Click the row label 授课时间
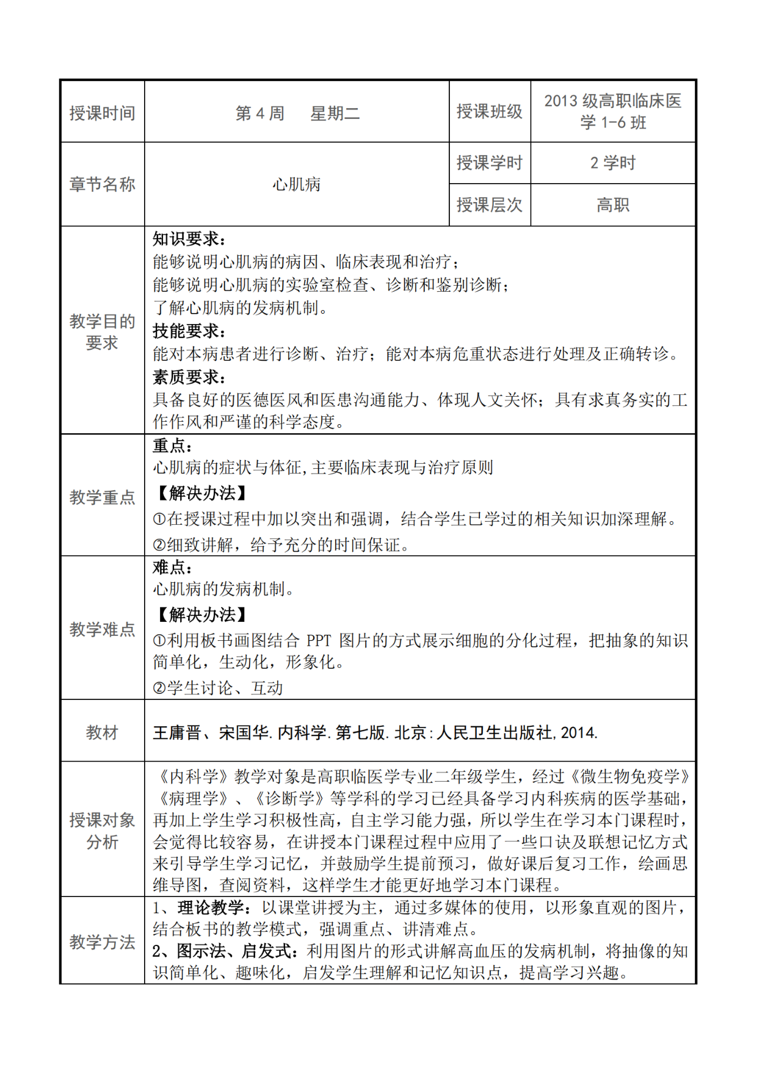click(102, 113)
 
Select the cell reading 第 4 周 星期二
click(297, 113)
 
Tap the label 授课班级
click(489, 111)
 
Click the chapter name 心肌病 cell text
click(297, 184)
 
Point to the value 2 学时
click(612, 163)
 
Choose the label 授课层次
click(489, 204)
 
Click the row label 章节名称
click(102, 184)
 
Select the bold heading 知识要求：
click(189, 239)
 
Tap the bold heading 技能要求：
click(189, 331)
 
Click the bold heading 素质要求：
click(189, 377)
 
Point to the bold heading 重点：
click(173, 446)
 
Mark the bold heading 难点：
click(173, 567)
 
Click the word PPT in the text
click(318, 640)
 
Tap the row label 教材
click(102, 732)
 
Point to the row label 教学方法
click(102, 942)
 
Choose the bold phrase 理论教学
click(211, 908)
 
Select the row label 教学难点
click(102, 629)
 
